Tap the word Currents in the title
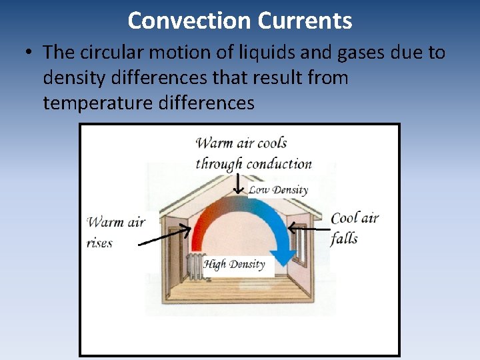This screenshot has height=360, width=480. point(305,21)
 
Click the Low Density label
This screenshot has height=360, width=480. point(278,190)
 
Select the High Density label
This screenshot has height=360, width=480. point(234,265)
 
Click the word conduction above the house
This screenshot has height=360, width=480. point(279,164)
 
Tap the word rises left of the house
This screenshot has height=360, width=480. point(100,243)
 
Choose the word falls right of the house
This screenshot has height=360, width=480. point(344,239)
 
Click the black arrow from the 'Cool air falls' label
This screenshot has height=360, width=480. point(308,229)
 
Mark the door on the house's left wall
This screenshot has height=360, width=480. point(175,253)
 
